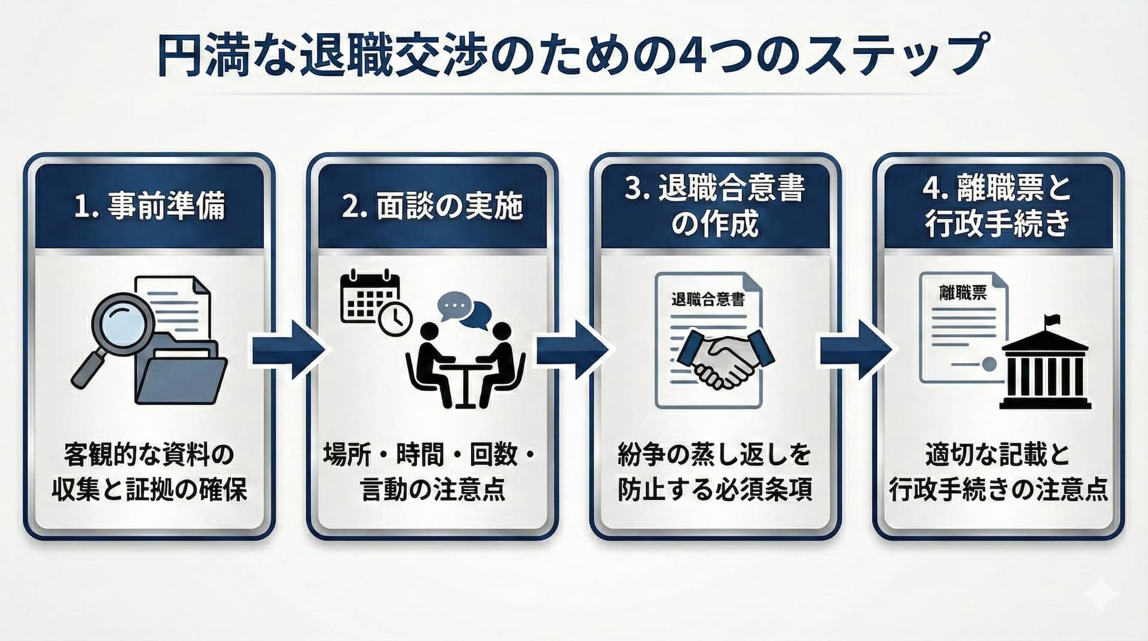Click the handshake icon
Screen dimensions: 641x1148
tap(726, 357)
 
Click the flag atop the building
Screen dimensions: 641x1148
tap(1052, 319)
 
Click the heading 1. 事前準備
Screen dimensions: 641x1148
tap(149, 206)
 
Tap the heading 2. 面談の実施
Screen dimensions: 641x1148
tap(432, 206)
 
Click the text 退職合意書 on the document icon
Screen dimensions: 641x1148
tap(708, 299)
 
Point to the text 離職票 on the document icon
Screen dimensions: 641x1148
tap(963, 292)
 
